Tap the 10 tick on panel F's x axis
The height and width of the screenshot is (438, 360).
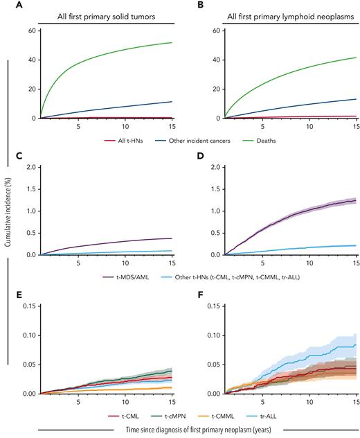point(309,401)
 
